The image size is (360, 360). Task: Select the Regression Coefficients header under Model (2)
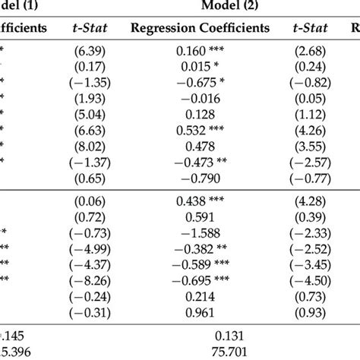201,29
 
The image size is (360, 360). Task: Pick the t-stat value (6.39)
90,54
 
